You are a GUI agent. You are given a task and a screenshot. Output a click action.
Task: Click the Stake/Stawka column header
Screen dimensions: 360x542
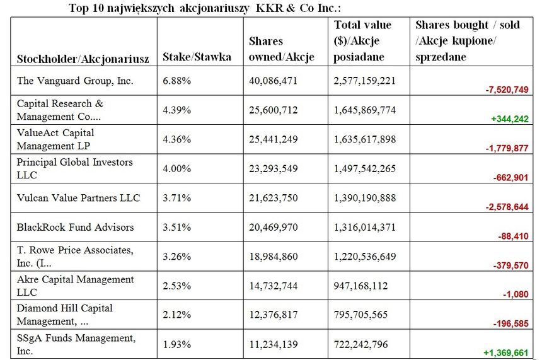pyautogui.click(x=197, y=57)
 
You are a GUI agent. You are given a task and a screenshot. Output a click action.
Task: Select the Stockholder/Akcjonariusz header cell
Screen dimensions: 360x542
pyautogui.click(x=83, y=59)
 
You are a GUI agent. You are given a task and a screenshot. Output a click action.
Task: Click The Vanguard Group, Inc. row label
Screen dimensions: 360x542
pyautogui.click(x=75, y=81)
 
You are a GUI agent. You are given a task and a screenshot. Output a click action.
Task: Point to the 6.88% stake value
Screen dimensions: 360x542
pyautogui.click(x=176, y=81)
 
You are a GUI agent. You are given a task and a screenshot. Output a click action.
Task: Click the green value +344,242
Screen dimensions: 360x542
pyautogui.click(x=508, y=119)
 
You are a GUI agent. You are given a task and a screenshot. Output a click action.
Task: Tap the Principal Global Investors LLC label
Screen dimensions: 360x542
pyautogui.click(x=74, y=168)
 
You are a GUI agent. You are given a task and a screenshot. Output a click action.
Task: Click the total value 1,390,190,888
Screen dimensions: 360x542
pyautogui.click(x=365, y=198)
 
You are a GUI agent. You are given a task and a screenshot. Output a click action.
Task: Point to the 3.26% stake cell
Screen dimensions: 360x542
pyautogui.click(x=176, y=256)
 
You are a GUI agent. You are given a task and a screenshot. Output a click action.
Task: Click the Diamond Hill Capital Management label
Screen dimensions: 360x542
pyautogui.click(x=65, y=314)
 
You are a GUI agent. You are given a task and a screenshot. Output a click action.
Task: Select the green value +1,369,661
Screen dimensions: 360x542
pyautogui.click(x=505, y=353)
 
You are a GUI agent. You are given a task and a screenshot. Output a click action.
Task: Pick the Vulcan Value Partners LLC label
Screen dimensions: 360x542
pyautogui.click(x=78, y=198)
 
